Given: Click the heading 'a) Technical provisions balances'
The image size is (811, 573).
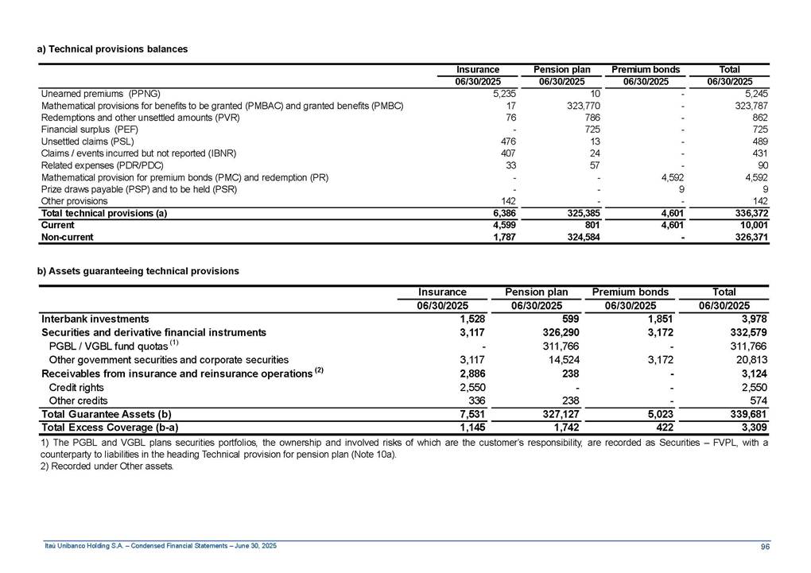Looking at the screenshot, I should tap(112, 49).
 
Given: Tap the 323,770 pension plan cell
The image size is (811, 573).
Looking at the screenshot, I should tap(567, 105).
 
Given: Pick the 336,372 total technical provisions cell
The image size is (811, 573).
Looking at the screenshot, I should tap(748, 213).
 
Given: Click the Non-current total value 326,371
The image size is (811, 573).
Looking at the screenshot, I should tap(748, 237).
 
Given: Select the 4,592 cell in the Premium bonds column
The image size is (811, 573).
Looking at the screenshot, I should tap(658, 177).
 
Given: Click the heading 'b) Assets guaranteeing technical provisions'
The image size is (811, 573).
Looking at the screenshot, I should tap(138, 271).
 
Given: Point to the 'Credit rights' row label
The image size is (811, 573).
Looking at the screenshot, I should tap(77, 388).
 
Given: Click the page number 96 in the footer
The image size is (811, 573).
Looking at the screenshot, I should tap(764, 545).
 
